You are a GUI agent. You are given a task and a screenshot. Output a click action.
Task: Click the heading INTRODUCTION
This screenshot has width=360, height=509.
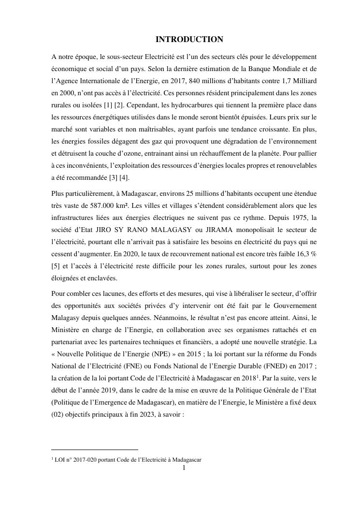coord(189,40)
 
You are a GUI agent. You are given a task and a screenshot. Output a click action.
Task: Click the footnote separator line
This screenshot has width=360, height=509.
coord(95,450)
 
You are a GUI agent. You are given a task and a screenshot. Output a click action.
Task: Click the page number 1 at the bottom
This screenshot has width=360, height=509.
coord(184,468)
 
